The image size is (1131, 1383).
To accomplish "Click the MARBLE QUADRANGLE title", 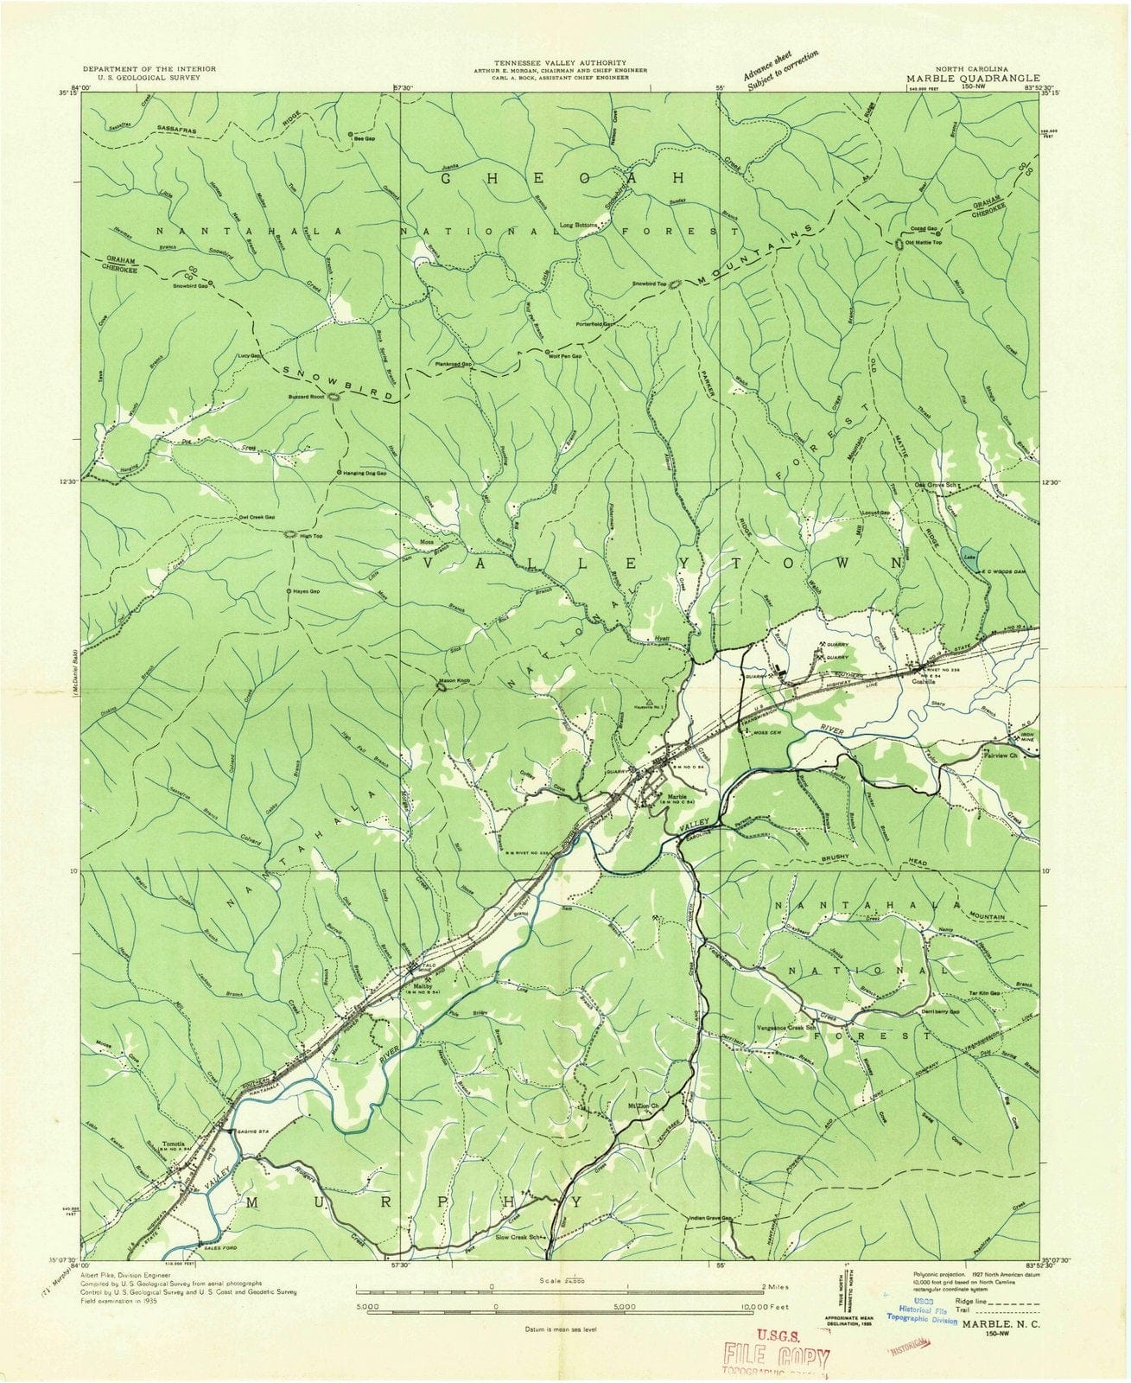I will point(973,77).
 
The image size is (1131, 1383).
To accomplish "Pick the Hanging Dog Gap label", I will point(364,474).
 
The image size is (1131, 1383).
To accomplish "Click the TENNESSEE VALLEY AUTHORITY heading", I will point(562,62).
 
